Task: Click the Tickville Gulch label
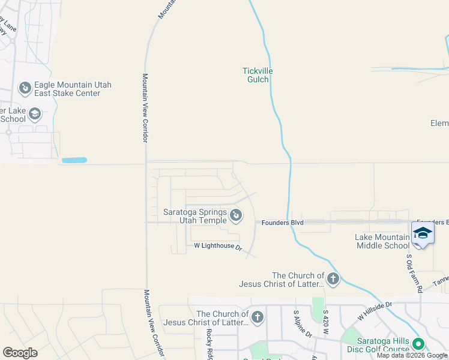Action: click(258, 76)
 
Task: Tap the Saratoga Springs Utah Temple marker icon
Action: click(236, 214)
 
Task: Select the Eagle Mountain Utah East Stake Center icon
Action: click(25, 89)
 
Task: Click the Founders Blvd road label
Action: click(282, 223)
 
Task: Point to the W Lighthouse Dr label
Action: click(217, 246)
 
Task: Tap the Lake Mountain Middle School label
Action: click(383, 241)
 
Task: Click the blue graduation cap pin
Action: click(423, 233)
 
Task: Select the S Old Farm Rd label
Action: click(409, 273)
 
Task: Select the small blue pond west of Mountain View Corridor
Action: click(74, 160)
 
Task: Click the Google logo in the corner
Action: click(20, 353)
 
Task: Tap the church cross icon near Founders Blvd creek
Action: click(333, 279)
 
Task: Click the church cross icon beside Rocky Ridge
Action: click(258, 317)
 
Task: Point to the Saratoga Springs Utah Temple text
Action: click(194, 216)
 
